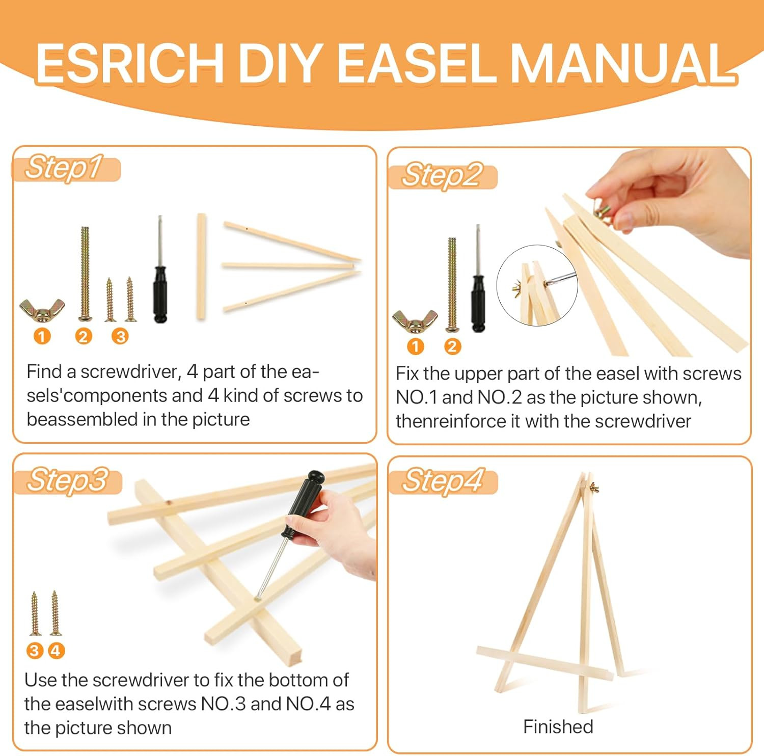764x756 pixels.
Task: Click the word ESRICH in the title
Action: pyautogui.click(x=129, y=63)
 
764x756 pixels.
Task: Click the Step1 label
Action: pyautogui.click(x=65, y=168)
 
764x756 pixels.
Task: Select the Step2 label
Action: pyautogui.click(x=442, y=176)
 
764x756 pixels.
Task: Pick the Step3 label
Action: pyautogui.click(x=67, y=480)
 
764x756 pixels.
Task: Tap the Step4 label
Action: pyautogui.click(x=442, y=481)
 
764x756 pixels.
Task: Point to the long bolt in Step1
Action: pyautogui.click(x=85, y=273)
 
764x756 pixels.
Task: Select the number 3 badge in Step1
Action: pyautogui.click(x=120, y=337)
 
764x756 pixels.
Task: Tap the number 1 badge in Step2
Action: pyautogui.click(x=416, y=347)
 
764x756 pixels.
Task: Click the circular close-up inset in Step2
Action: pyautogui.click(x=537, y=285)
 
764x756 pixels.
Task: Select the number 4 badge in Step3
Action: pyautogui.click(x=56, y=651)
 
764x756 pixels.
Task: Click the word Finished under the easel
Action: pyautogui.click(x=558, y=727)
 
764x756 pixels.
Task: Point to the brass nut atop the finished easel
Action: pyautogui.click(x=594, y=488)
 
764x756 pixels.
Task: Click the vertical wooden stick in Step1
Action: pyautogui.click(x=202, y=266)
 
